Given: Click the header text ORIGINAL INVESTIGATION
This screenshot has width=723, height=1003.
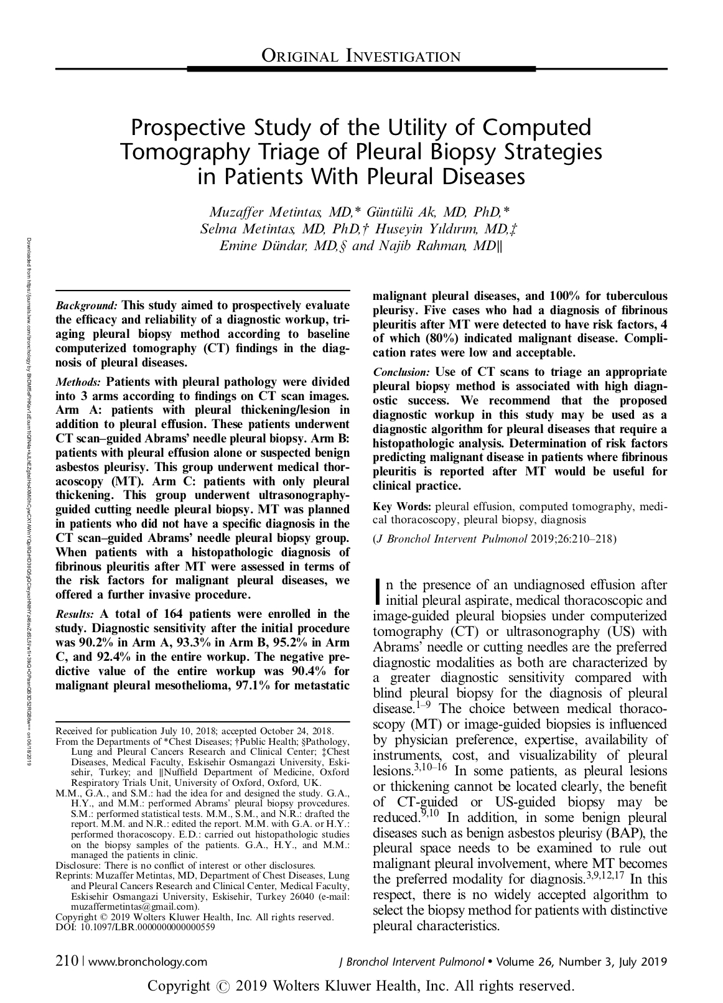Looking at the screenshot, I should (361, 57).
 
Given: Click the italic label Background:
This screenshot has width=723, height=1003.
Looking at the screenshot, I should (87, 306).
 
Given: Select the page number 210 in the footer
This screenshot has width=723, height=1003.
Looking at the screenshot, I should (66, 961).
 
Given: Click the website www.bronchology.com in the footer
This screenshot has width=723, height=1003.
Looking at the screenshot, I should (148, 962).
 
